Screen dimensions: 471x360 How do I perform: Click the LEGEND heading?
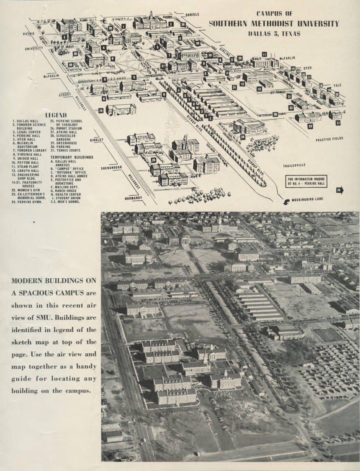[56, 115]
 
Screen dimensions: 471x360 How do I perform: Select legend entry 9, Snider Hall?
[26, 159]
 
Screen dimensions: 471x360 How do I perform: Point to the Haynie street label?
[29, 34]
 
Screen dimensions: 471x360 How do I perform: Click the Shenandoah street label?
[111, 168]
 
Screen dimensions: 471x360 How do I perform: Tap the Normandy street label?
[134, 198]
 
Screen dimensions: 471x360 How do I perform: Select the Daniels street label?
[192, 15]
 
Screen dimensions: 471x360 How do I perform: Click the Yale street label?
[337, 85]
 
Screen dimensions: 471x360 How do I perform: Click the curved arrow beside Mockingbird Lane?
[286, 202]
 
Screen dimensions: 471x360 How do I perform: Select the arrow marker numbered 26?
[339, 191]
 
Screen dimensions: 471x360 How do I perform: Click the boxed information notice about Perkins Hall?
[306, 181]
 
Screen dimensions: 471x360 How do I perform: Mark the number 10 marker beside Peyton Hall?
[101, 111]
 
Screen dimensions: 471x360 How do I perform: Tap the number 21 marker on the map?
[338, 123]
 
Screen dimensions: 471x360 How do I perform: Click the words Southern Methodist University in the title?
[274, 23]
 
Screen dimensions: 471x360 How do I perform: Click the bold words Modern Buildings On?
[54, 280]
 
